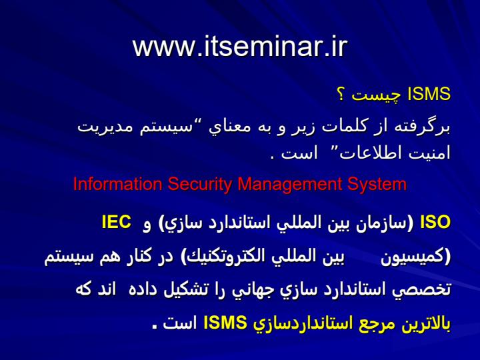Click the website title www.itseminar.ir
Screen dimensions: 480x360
point(240,47)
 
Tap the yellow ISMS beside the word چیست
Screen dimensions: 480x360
point(429,94)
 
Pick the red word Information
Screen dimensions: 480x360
point(117,184)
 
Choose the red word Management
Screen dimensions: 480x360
point(289,185)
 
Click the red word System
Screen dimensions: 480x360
point(377,185)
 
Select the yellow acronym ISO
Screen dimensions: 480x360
point(435,222)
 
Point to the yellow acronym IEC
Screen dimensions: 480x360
point(116,222)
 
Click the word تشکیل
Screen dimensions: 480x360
point(184,289)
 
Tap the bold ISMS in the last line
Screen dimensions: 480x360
point(225,323)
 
